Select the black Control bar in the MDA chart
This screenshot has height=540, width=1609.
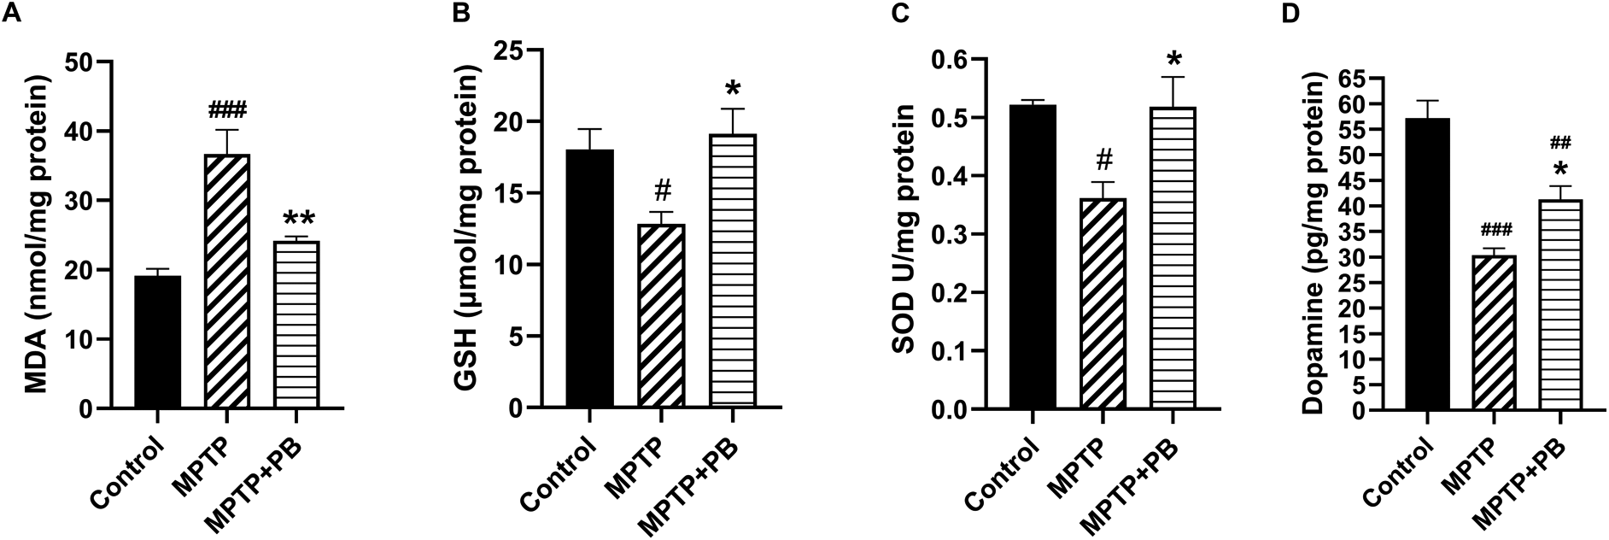tap(158, 342)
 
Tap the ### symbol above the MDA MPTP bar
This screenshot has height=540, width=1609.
tap(227, 109)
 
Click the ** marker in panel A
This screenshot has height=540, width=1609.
tap(296, 219)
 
